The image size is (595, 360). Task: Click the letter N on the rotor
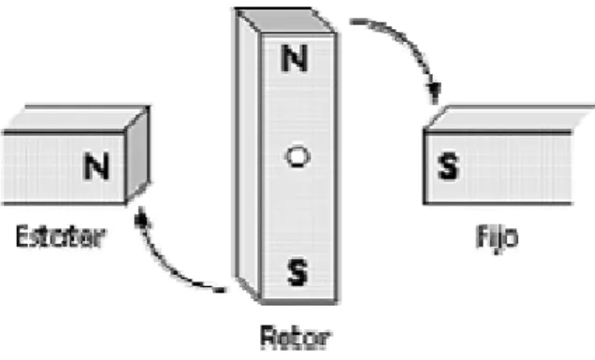click(294, 58)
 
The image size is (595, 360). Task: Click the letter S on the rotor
click(297, 272)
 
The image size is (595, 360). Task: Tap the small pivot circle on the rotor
click(297, 157)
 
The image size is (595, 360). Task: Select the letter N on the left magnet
click(96, 166)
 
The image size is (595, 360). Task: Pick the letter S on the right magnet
click(448, 166)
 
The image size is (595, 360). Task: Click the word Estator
click(60, 237)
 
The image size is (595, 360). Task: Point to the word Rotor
click(296, 338)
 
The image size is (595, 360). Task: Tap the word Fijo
click(497, 238)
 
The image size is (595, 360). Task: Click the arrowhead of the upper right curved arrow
click(434, 93)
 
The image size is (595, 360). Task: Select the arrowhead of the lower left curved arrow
click(140, 217)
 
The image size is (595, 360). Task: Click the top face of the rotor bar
click(284, 21)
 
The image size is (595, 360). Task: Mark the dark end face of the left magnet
click(138, 155)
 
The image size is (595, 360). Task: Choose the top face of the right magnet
click(509, 119)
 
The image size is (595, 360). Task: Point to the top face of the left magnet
click(76, 119)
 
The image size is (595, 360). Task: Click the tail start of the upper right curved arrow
click(354, 22)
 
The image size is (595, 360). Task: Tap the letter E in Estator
click(22, 237)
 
